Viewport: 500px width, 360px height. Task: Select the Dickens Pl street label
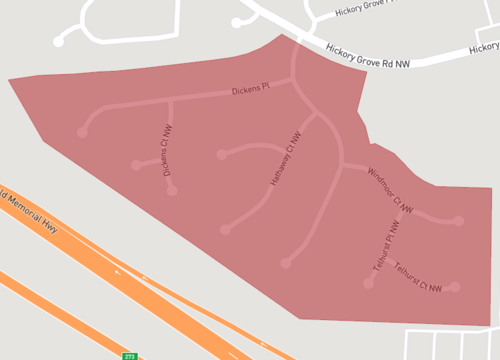251,89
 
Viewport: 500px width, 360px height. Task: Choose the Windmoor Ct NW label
390,188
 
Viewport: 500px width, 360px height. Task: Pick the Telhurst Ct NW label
418,277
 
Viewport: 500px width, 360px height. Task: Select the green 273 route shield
129,355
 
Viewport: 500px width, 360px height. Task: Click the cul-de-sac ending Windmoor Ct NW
459,221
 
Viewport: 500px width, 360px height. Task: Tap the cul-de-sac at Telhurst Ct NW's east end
455,287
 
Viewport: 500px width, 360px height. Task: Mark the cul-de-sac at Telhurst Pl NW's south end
368,285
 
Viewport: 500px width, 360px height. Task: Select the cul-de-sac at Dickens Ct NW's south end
173,190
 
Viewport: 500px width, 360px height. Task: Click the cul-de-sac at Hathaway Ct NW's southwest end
224,230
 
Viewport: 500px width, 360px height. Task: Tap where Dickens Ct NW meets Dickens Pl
171,100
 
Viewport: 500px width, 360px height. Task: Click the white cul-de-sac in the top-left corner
59,42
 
